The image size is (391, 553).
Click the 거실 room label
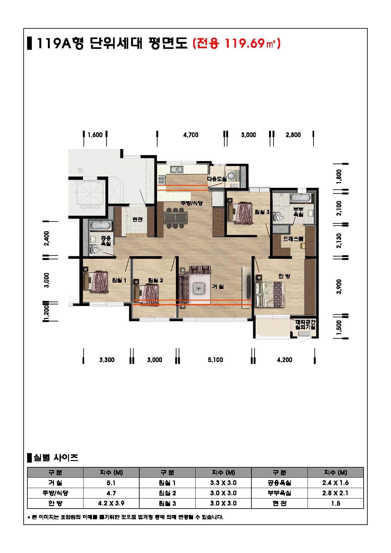218,287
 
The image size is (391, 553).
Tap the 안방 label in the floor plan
284,276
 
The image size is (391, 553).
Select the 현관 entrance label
137,219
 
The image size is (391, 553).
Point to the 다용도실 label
217,179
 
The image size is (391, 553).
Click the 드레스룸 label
293,239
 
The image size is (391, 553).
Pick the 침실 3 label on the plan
262,212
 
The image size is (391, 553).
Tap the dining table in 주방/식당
175,217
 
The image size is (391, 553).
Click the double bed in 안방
270,294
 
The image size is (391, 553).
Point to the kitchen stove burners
162,180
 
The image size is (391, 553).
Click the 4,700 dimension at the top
191,135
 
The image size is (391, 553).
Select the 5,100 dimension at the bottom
215,360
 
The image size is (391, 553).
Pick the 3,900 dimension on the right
339,286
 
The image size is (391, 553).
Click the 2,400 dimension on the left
47,239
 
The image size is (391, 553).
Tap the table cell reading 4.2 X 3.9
111,503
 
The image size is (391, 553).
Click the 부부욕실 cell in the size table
279,493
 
